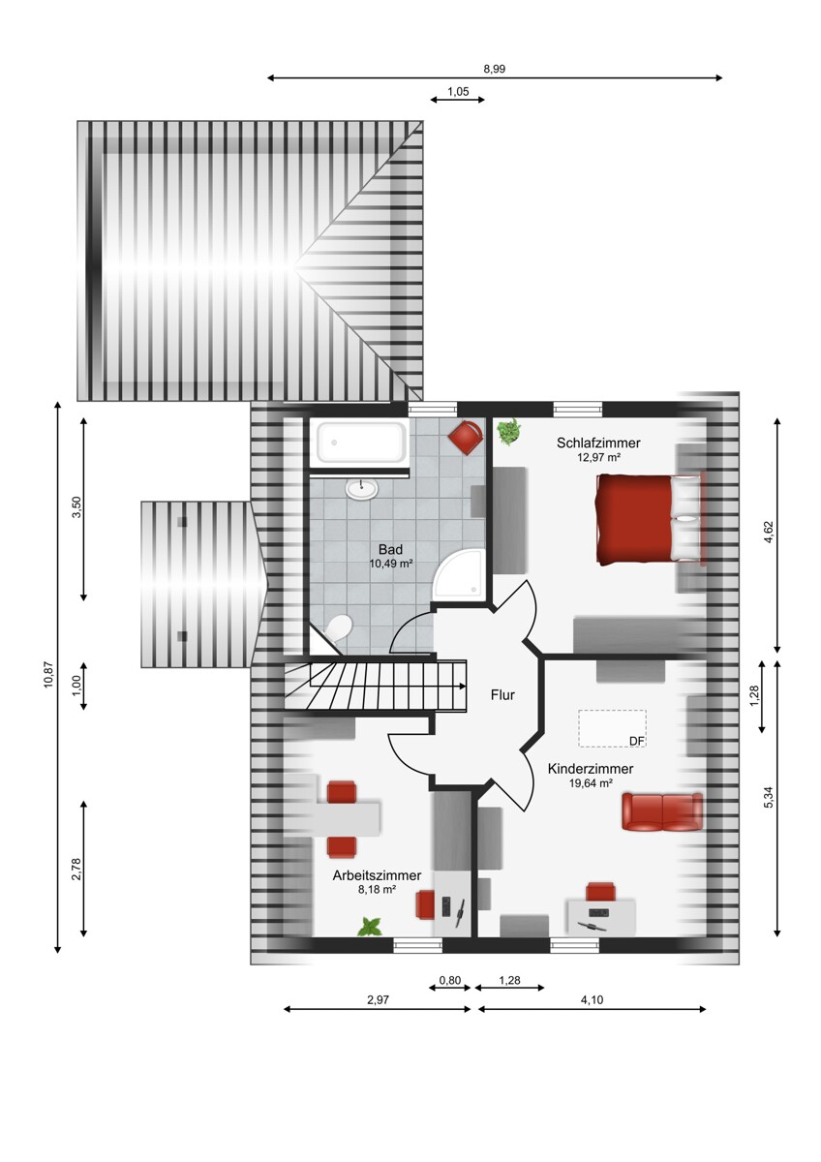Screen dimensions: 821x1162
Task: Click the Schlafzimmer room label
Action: tap(598, 443)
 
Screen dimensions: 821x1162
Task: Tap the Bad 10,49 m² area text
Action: tap(390, 564)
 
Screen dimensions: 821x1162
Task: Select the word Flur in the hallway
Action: tap(502, 694)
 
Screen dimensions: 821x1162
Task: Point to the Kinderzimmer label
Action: tap(591, 768)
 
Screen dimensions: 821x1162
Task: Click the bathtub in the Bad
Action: tap(361, 442)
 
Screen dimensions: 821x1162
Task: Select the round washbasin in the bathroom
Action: tap(362, 488)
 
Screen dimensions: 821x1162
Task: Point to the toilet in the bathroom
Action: tap(338, 627)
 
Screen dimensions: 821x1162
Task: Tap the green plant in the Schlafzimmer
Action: tap(509, 431)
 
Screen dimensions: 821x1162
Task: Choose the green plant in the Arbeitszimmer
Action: tap(370, 927)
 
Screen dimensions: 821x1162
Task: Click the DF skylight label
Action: tap(636, 742)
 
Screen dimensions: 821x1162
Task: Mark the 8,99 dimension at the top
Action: tap(495, 69)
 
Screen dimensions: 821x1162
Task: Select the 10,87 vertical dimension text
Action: tap(48, 676)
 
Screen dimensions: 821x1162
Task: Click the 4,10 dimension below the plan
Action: tap(593, 999)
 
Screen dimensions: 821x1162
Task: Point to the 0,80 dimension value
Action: tap(449, 980)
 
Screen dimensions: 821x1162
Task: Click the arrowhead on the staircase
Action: tap(462, 686)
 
